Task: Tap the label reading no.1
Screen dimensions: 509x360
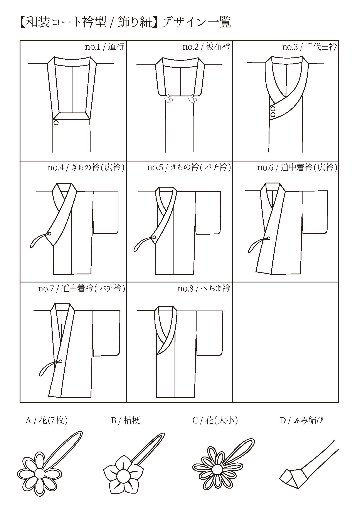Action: pyautogui.click(x=96, y=46)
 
